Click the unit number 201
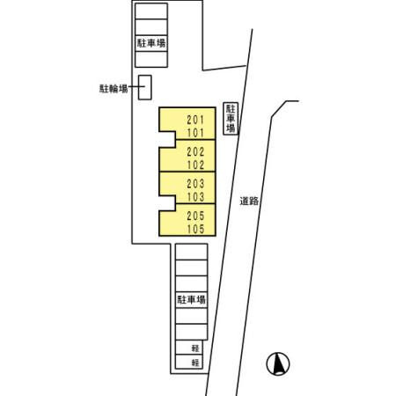tap(195, 120)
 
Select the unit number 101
tap(195, 133)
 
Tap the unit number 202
tap(195, 151)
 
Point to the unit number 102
tap(195, 165)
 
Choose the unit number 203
tap(195, 184)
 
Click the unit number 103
tap(195, 197)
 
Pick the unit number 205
tap(195, 216)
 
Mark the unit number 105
tap(195, 229)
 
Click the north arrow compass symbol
tap(278, 363)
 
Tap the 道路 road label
tap(249, 202)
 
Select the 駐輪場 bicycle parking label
tap(114, 88)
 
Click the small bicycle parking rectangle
tap(145, 87)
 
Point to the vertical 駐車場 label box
tap(231, 118)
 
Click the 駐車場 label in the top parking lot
tap(151, 43)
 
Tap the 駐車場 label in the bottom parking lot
tap(191, 300)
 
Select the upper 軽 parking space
tap(189, 348)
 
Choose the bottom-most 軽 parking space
tap(189, 362)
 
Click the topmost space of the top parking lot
tap(151, 11)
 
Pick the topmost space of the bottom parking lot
tap(192, 252)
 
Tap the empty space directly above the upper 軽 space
tap(192, 332)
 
